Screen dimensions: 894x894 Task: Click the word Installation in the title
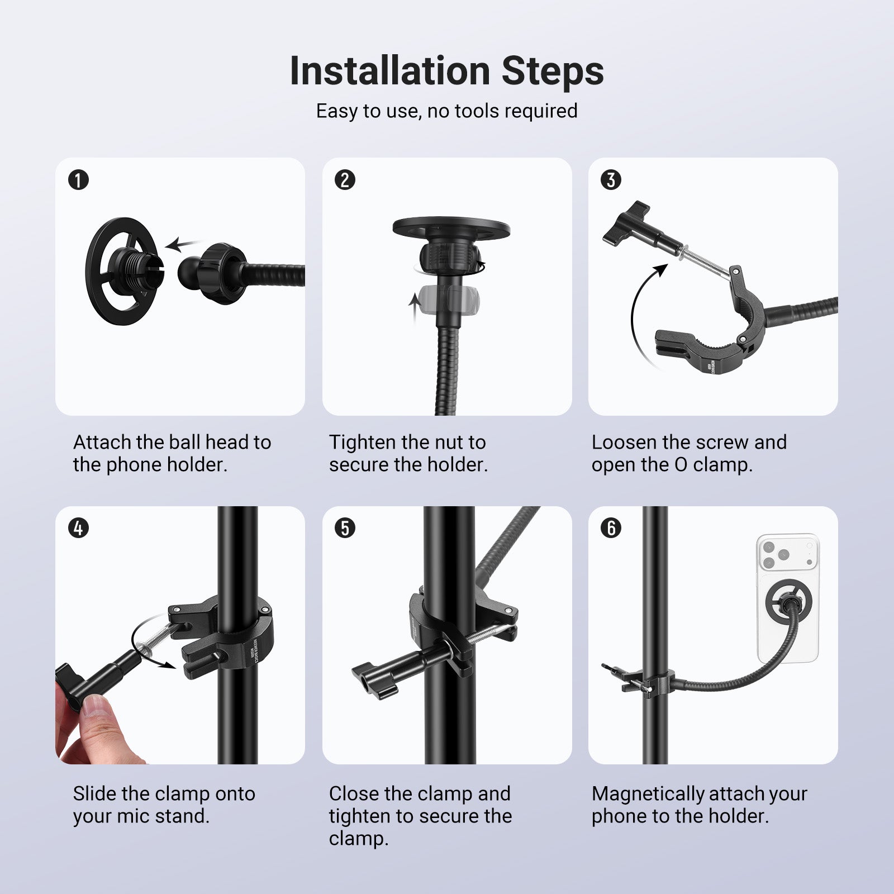click(x=390, y=71)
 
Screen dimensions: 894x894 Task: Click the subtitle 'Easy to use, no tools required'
click(x=447, y=111)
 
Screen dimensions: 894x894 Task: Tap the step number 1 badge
click(x=78, y=180)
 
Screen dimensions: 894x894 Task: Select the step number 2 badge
click(x=345, y=180)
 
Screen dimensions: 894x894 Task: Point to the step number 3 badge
click(x=611, y=180)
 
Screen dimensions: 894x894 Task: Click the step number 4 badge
click(x=78, y=528)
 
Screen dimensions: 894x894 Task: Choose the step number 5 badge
click(x=345, y=528)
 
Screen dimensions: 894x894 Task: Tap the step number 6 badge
click(x=611, y=528)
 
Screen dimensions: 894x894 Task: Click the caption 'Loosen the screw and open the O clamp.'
click(x=689, y=453)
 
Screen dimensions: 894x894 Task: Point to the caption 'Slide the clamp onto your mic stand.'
click(x=164, y=805)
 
